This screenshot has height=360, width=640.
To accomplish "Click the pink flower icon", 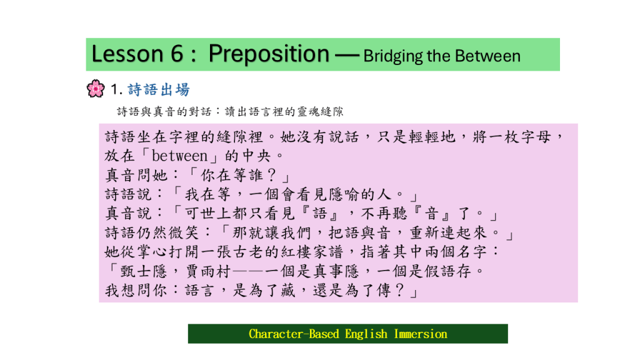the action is [x=96, y=88].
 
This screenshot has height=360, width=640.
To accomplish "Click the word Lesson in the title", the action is [x=127, y=54].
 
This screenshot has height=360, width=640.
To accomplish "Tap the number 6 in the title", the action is [x=177, y=54].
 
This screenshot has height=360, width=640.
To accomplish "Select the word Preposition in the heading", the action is [x=269, y=54].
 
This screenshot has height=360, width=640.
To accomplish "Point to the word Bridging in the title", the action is [x=392, y=56].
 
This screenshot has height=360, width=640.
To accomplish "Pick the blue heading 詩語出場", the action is [x=159, y=89].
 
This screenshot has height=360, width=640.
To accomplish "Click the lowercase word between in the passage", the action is [x=179, y=156].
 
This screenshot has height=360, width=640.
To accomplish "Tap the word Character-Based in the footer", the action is [x=294, y=334].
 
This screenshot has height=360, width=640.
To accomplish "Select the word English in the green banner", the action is [x=366, y=334].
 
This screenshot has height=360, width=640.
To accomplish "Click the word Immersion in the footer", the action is [x=421, y=334].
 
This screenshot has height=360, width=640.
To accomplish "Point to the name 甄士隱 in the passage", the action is [x=144, y=271].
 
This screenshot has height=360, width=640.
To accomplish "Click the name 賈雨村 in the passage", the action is [x=208, y=271].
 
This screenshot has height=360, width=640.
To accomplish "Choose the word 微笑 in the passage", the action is [x=184, y=232].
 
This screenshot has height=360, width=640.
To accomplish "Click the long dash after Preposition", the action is [x=346, y=55].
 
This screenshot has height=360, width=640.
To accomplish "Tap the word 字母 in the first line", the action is [x=536, y=137].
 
